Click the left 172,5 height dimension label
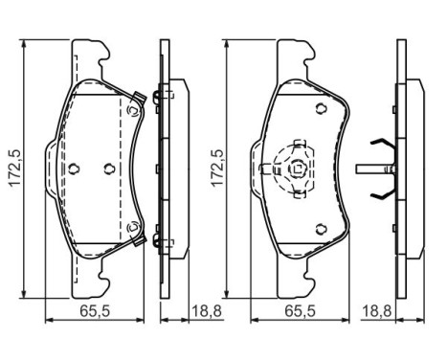click(14, 168)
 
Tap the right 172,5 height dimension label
click(217, 168)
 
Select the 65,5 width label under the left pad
click(95, 311)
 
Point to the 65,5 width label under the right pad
click(300, 311)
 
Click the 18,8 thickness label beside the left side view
click(207, 311)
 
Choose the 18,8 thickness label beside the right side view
click(377, 311)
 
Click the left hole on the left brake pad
click(74, 169)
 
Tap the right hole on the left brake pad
click(109, 169)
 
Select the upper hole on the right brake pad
click(322, 109)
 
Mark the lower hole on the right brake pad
click(322, 229)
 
